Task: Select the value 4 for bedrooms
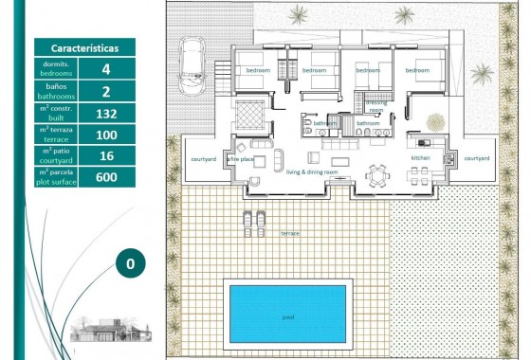(x=105, y=69)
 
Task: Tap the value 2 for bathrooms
(x=105, y=91)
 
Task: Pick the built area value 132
(x=105, y=113)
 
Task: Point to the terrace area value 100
(x=105, y=135)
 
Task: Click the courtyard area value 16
(x=105, y=155)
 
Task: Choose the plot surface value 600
(x=105, y=177)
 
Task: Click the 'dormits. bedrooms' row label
(x=54, y=69)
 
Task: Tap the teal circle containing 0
(x=131, y=263)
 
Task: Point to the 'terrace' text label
(x=289, y=232)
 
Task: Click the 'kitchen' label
(x=421, y=157)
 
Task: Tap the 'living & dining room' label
(x=319, y=171)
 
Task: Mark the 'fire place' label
(x=240, y=160)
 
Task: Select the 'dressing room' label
(x=376, y=106)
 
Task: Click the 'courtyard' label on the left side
(x=204, y=158)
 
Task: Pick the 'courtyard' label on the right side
(x=477, y=158)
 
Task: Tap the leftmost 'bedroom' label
(x=259, y=70)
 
